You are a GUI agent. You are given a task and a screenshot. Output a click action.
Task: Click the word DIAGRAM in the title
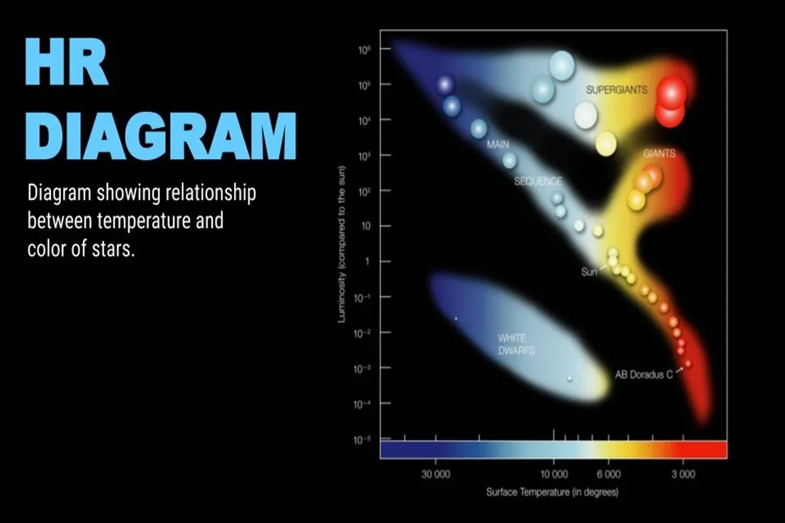pyautogui.click(x=161, y=135)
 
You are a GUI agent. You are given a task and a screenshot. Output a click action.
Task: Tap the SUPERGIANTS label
pyautogui.click(x=616, y=90)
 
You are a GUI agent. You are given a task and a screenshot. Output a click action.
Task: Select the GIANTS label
pyautogui.click(x=659, y=154)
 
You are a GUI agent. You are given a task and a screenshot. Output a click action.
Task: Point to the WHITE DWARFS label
pyautogui.click(x=516, y=344)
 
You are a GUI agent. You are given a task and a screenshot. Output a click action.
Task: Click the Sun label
pyautogui.click(x=589, y=272)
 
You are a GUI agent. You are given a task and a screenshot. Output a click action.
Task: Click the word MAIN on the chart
pyautogui.click(x=498, y=145)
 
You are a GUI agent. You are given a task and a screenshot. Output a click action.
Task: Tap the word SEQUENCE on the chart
pyautogui.click(x=538, y=181)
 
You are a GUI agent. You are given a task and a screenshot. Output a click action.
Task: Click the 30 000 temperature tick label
pyautogui.click(x=435, y=474)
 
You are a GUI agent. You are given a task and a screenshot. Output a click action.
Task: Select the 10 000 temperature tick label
pyautogui.click(x=554, y=474)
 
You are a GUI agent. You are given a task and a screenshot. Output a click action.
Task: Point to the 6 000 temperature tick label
pyautogui.click(x=608, y=474)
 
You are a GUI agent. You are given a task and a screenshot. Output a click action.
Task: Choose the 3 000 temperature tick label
pyautogui.click(x=683, y=474)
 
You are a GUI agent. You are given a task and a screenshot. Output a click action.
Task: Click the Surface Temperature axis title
pyautogui.click(x=552, y=492)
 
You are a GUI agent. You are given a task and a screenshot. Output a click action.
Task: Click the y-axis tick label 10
pyautogui.click(x=366, y=226)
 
